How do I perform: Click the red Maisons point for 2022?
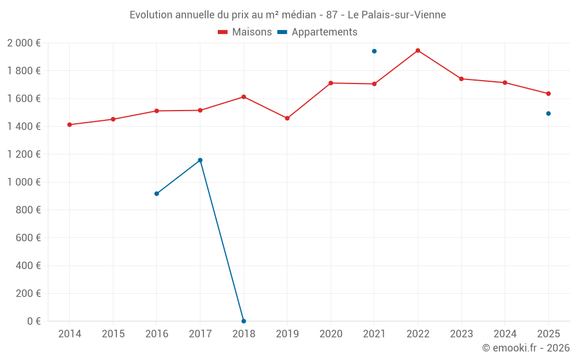418,51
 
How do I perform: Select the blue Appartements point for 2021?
374,51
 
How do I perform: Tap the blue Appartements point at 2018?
244,321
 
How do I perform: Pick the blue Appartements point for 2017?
200,160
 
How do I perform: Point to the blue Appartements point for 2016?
157,194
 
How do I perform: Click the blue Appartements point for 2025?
548,113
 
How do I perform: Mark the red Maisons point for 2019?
287,118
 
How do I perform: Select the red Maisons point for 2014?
70,124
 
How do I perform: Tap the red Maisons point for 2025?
548,93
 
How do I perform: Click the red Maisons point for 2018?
244,97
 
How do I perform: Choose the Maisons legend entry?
245,32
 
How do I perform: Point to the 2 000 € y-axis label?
24,43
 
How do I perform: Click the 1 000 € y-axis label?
24,182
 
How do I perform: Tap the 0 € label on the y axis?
33,321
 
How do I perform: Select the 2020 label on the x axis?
331,334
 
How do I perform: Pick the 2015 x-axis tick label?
113,334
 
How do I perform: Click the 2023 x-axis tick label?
461,334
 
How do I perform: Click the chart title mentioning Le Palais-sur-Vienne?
287,15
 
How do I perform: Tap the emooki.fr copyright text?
525,348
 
